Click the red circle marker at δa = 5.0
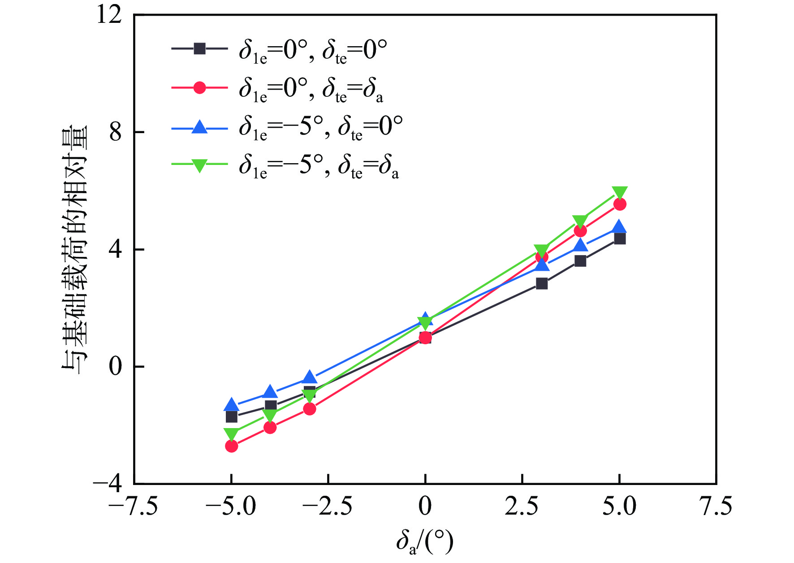619,204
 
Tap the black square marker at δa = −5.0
231,416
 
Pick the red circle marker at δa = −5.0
231,446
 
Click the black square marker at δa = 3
542,284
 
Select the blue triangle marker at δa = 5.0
619,227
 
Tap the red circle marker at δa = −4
270,428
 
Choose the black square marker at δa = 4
580,261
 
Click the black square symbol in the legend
199,48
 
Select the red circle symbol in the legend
199,87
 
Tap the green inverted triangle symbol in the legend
199,165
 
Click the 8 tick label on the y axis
116,132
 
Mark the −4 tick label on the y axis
108,484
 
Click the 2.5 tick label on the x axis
522,507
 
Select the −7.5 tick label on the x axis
134,507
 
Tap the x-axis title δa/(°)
424,541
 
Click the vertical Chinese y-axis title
74,249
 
